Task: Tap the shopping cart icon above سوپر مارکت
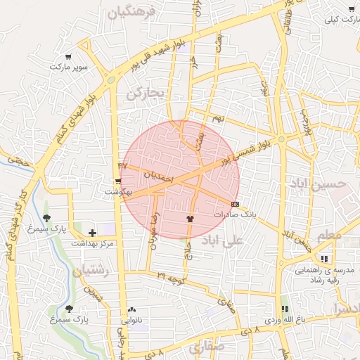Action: click(x=68, y=57)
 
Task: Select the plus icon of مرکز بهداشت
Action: click(x=92, y=233)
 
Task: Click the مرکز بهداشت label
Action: click(x=92, y=243)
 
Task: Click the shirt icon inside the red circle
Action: click(x=189, y=219)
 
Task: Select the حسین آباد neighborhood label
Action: click(x=318, y=183)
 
